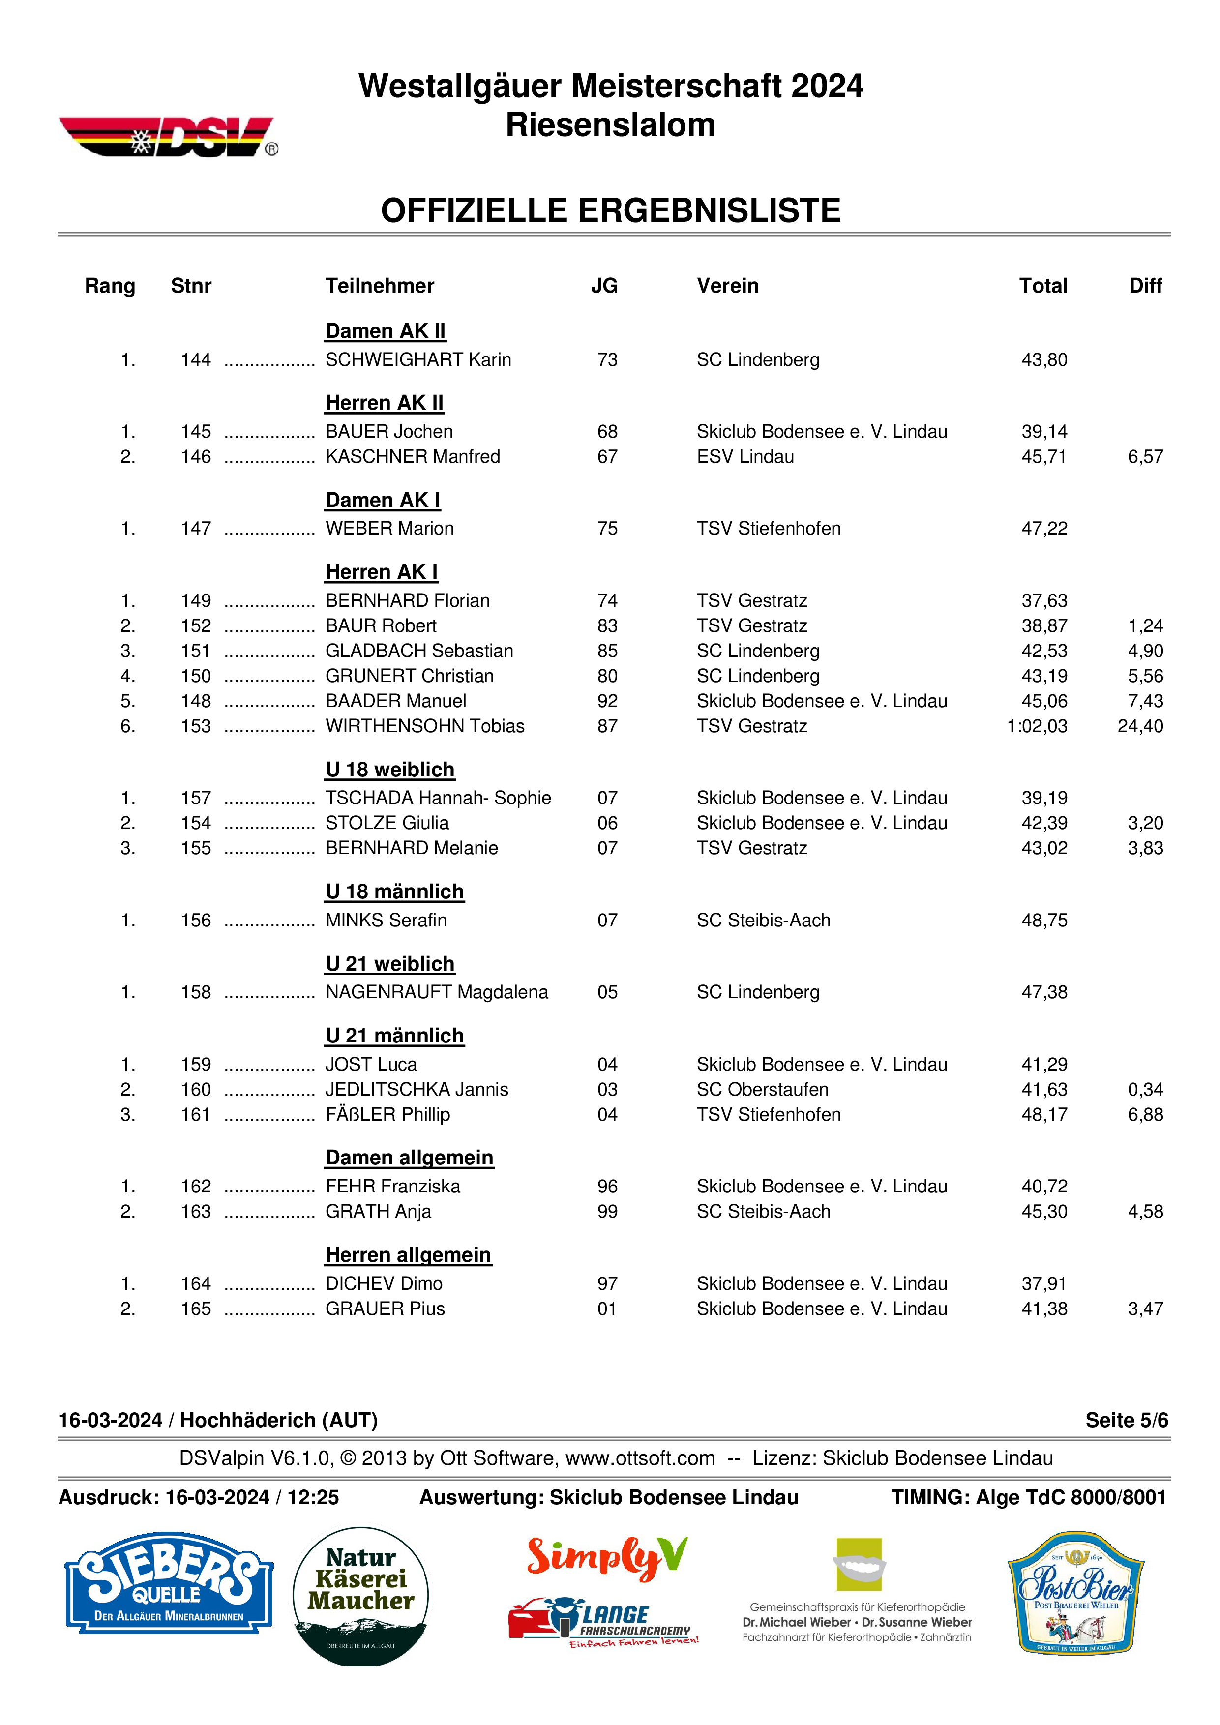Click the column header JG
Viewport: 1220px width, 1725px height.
click(604, 286)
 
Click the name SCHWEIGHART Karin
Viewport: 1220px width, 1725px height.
click(417, 360)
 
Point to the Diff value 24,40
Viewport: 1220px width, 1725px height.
click(1140, 726)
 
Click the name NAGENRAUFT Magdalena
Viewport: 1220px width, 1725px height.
click(437, 992)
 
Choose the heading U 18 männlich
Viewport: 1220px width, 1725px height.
click(394, 892)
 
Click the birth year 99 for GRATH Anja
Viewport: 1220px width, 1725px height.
click(607, 1211)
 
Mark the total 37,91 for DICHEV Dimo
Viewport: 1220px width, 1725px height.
click(1043, 1283)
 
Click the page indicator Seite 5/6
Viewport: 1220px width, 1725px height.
click(1126, 1420)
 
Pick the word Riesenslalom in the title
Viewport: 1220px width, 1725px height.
click(610, 125)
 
